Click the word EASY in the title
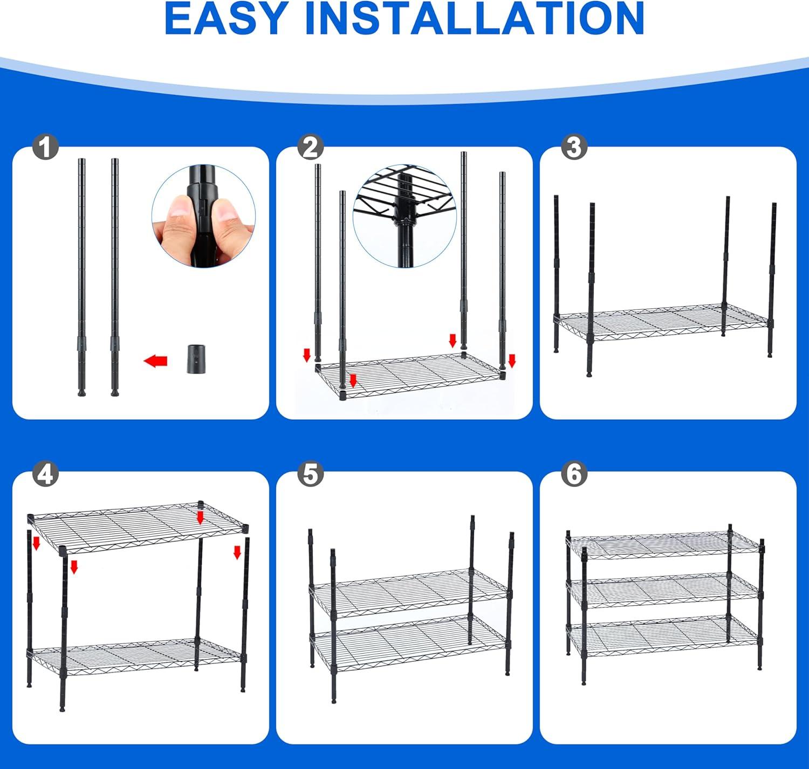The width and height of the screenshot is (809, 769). [225, 19]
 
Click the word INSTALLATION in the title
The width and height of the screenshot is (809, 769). [474, 19]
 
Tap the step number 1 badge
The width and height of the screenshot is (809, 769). [45, 147]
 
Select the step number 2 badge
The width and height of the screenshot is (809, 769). [311, 147]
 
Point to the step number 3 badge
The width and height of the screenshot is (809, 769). [574, 147]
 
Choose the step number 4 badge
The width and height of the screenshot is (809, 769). [45, 475]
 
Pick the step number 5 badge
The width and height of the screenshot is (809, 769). [311, 475]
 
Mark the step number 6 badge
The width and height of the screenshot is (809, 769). [574, 475]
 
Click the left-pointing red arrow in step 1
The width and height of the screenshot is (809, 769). [156, 361]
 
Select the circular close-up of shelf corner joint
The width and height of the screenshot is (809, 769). [404, 216]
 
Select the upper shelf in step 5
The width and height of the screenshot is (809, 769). [410, 592]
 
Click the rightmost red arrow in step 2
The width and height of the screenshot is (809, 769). [512, 361]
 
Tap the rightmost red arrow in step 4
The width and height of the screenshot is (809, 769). [237, 552]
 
